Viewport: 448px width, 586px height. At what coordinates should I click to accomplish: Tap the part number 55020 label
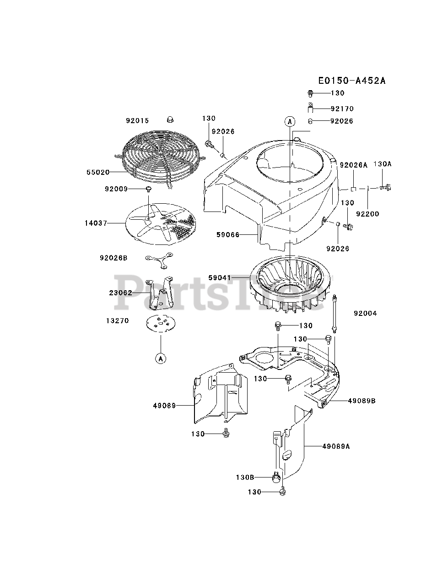click(97, 173)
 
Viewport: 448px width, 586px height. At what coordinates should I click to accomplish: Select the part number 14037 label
click(96, 223)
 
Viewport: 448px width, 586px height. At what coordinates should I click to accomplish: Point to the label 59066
click(228, 235)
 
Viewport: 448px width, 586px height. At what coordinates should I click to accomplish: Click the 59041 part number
click(220, 278)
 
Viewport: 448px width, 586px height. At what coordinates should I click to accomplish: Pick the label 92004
click(365, 314)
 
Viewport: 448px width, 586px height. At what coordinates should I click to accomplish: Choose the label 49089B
click(362, 401)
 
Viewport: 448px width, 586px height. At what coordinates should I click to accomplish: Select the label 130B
click(245, 477)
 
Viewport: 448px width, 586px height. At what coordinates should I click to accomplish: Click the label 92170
click(342, 109)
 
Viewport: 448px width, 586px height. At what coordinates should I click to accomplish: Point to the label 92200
click(367, 214)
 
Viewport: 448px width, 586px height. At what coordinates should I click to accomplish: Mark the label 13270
click(117, 321)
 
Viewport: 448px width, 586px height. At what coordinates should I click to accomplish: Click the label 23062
click(121, 293)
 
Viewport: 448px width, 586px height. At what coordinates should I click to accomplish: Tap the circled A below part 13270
click(161, 358)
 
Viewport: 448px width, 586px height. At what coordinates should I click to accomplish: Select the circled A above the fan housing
click(289, 121)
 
